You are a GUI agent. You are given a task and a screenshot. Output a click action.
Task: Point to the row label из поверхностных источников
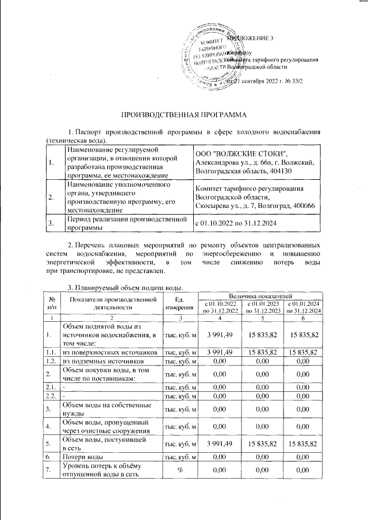(109, 352)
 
